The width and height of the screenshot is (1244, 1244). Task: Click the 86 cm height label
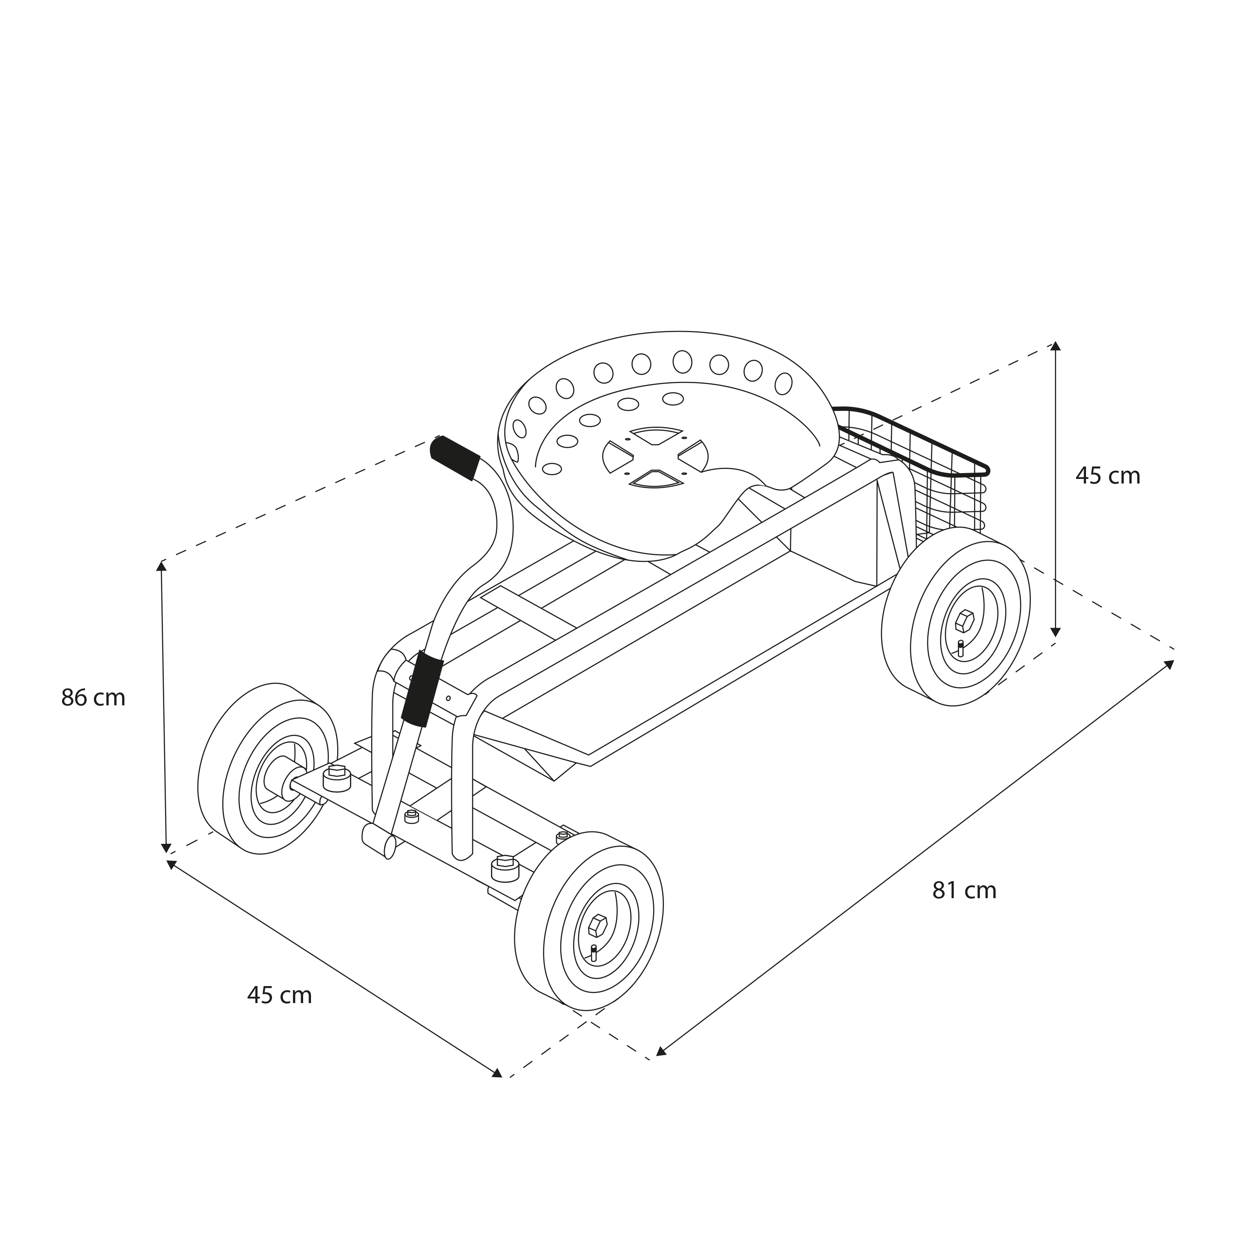pyautogui.click(x=93, y=698)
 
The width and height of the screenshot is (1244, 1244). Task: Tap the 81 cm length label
pyautogui.click(x=965, y=891)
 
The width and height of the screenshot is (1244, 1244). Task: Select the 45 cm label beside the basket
pyautogui.click(x=1108, y=476)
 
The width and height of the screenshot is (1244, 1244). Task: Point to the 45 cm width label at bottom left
pyautogui.click(x=279, y=996)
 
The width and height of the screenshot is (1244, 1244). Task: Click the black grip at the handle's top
pyautogui.click(x=454, y=458)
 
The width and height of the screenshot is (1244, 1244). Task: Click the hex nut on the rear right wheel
pyautogui.click(x=965, y=621)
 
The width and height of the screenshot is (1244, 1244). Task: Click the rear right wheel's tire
pyautogui.click(x=955, y=617)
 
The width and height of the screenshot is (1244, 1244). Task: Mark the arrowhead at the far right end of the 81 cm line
pyautogui.click(x=1169, y=664)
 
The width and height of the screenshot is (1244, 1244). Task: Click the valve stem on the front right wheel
pyautogui.click(x=594, y=953)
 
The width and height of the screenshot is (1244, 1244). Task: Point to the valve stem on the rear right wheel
pyautogui.click(x=961, y=649)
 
